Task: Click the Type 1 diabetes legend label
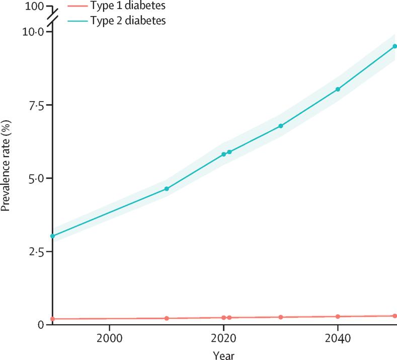click(128, 7)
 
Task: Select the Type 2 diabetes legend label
click(128, 21)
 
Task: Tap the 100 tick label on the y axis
click(35, 7)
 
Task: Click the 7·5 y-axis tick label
click(37, 105)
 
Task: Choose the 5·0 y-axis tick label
click(37, 178)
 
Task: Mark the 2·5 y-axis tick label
click(37, 251)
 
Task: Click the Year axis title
click(223, 354)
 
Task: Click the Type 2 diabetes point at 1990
click(52, 236)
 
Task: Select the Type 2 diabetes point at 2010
click(167, 189)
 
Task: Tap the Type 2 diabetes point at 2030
click(281, 126)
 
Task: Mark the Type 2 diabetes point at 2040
click(338, 89)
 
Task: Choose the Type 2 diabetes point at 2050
click(395, 46)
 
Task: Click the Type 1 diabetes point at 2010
click(167, 318)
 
